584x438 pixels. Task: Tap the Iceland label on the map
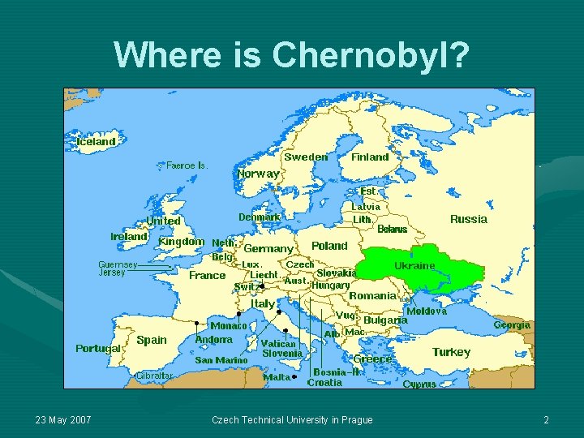[x=96, y=141]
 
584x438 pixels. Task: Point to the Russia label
[x=469, y=219]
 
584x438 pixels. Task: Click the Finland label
[x=370, y=157]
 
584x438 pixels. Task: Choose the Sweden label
[x=306, y=157]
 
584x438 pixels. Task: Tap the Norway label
[x=258, y=174]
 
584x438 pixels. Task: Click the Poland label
[x=329, y=246]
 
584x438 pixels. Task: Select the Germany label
[x=268, y=249]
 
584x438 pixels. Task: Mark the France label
[x=207, y=276]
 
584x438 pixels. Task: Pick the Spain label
[x=152, y=340]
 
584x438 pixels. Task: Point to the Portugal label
[x=98, y=349]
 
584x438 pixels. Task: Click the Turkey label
[x=451, y=352]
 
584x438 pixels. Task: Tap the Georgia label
[x=512, y=325]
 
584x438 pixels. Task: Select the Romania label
[x=372, y=296]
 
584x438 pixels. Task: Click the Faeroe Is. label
[x=187, y=165]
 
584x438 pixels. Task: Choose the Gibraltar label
[x=153, y=376]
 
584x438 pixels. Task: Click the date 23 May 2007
[x=63, y=420]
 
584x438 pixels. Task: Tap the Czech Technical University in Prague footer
[x=292, y=420]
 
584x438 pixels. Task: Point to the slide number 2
[x=547, y=420]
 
